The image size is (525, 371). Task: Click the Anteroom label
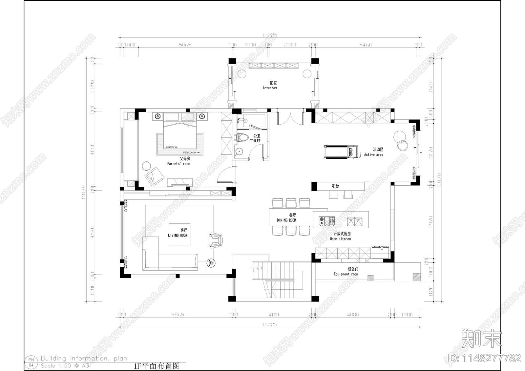point(270,88)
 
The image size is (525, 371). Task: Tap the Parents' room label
point(178,164)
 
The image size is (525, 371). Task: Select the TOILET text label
point(255,141)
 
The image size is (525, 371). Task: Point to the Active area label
point(373,155)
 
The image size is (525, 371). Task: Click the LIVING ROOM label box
point(178,234)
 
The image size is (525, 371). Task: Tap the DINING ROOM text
point(286,220)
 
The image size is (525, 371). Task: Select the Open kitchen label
point(340,239)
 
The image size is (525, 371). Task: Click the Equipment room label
point(346,274)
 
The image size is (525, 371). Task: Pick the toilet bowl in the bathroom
point(242,138)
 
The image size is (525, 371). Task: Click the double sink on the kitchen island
point(355,222)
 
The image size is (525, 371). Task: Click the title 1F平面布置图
point(157,366)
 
